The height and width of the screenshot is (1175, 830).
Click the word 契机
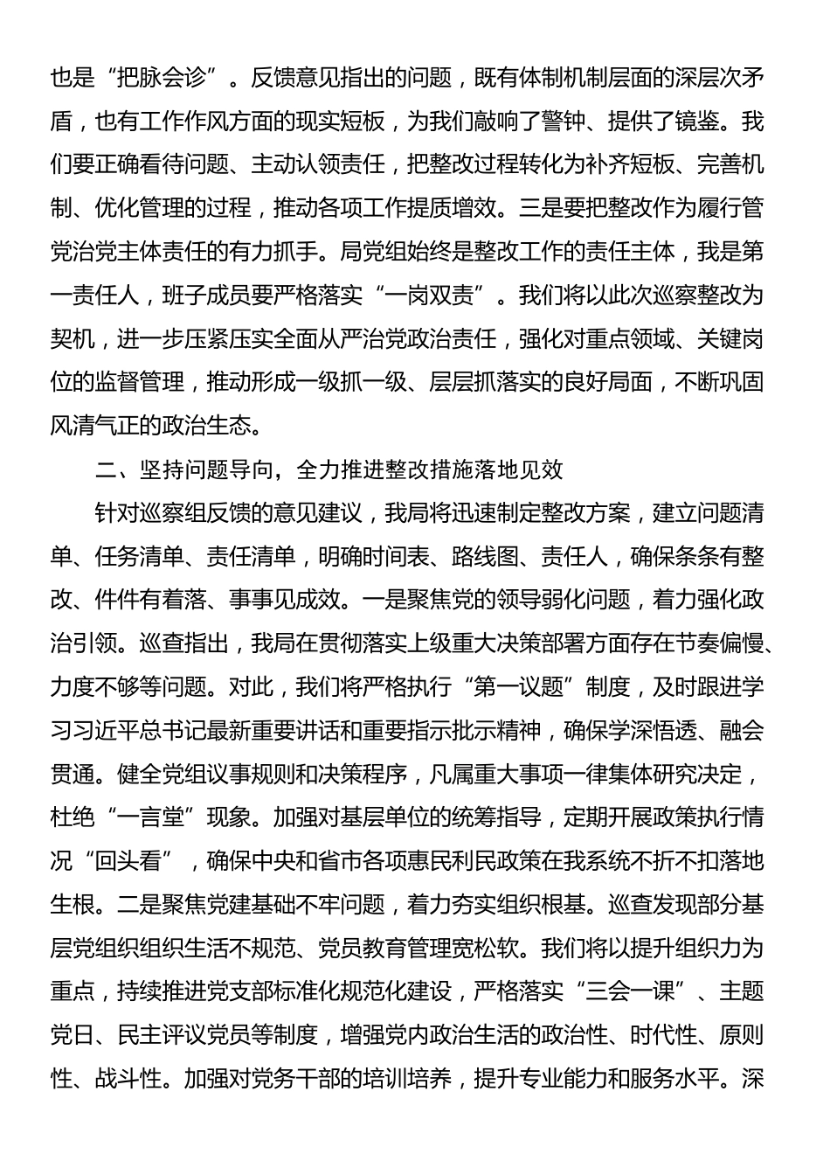(x=73, y=339)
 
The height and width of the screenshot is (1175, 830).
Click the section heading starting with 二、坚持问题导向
(x=329, y=470)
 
